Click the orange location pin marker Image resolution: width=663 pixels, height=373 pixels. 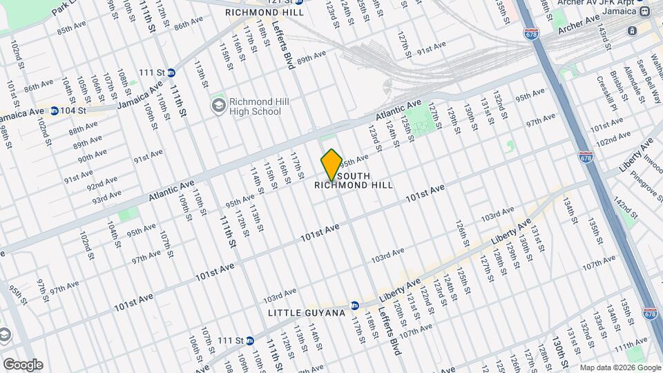[x=331, y=164]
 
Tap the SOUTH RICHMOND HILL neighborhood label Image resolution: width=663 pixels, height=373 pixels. [x=354, y=180]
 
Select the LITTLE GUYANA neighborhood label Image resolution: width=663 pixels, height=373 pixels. [x=306, y=313]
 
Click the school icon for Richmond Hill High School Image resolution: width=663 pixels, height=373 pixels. [x=219, y=105]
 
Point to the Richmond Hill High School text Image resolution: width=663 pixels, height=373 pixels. [x=255, y=106]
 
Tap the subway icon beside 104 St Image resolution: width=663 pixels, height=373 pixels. [x=53, y=111]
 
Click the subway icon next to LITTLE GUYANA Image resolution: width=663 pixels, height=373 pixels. [x=354, y=305]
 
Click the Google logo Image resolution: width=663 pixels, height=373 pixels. [x=22, y=364]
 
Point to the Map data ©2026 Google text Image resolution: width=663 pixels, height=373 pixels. [x=619, y=367]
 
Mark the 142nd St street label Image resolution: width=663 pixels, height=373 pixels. [x=624, y=210]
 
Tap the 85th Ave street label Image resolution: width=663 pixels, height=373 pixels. [x=74, y=30]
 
